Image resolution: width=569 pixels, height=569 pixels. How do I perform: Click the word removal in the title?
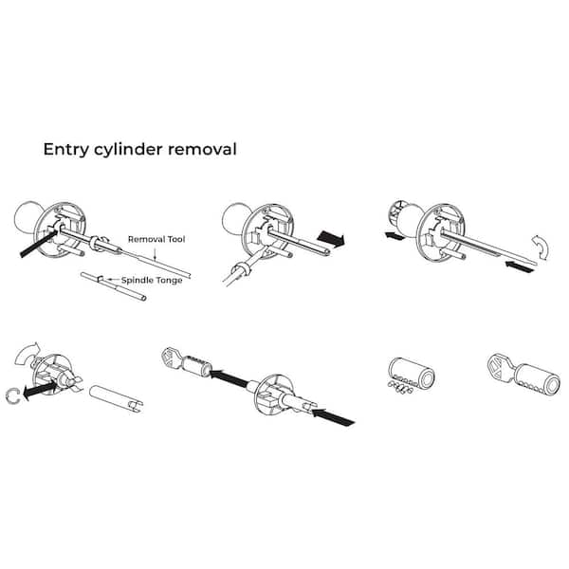pos(208,149)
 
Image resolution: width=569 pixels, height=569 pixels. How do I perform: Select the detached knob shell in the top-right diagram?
pos(397,221)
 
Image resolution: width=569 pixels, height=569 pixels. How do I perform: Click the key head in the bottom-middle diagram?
pos(174,359)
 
